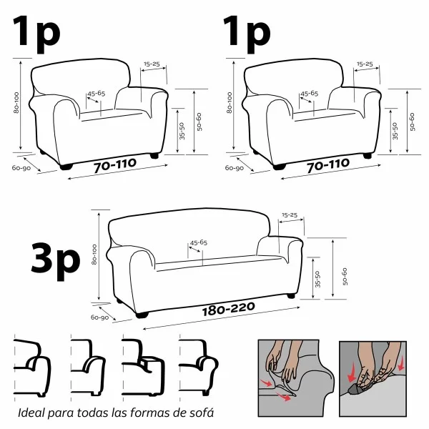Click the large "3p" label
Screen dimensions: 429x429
click(x=56, y=258)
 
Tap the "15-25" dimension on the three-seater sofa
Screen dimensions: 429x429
click(x=290, y=215)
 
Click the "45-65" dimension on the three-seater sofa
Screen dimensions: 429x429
click(x=198, y=243)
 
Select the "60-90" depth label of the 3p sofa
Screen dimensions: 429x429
click(x=99, y=317)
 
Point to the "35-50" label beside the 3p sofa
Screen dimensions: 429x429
click(x=317, y=278)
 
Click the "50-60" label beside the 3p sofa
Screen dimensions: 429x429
click(x=345, y=275)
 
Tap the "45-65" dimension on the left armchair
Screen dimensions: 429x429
click(x=96, y=94)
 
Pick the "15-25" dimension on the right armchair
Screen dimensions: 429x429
click(x=365, y=64)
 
